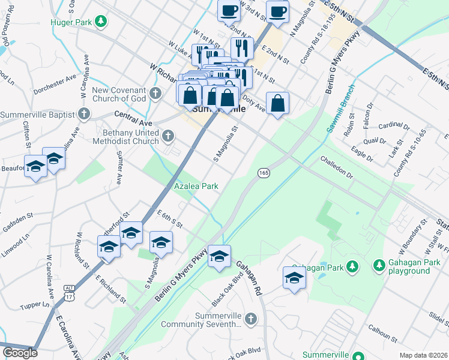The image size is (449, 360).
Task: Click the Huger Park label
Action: click(x=76, y=22)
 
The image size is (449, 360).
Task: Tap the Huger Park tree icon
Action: click(x=101, y=22)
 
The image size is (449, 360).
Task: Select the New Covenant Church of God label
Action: click(x=119, y=94)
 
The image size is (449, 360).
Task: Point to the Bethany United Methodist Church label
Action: click(x=125, y=136)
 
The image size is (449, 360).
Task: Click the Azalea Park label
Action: click(x=196, y=187)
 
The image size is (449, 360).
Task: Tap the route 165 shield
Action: click(x=264, y=173)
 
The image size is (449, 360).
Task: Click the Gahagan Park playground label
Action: click(x=410, y=267)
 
